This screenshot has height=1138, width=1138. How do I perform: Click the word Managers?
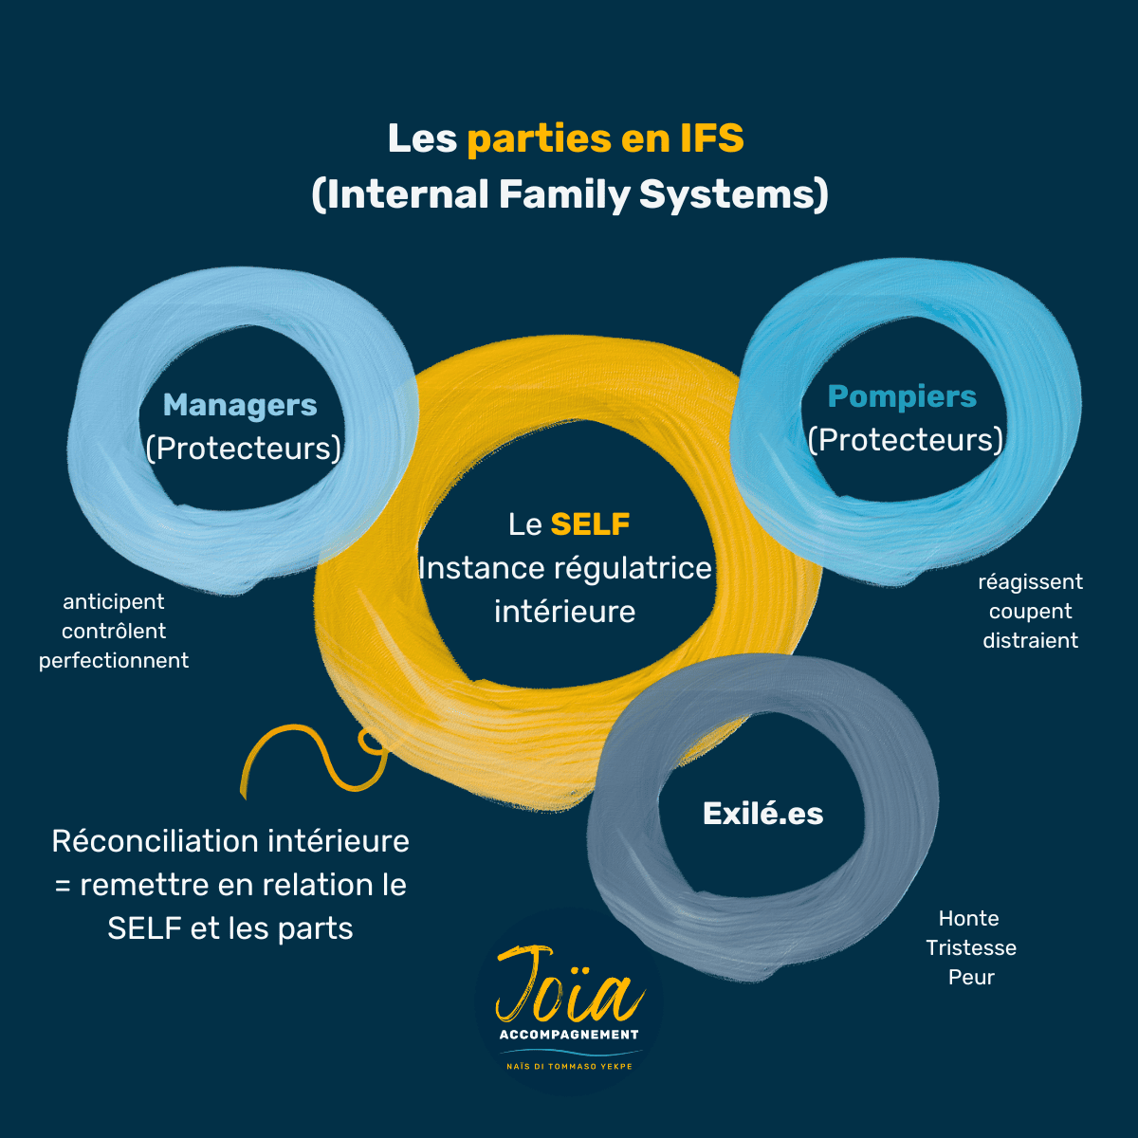(x=240, y=406)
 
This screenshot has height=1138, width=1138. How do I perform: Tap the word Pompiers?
(x=902, y=397)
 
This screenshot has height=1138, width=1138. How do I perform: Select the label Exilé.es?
(x=762, y=814)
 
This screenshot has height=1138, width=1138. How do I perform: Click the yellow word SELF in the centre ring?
(x=590, y=524)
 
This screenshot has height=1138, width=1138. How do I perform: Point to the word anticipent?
(x=114, y=601)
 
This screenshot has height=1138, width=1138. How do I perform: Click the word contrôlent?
(x=114, y=631)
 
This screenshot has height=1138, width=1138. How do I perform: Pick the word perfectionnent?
(x=114, y=660)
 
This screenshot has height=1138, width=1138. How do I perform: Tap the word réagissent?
(x=1030, y=581)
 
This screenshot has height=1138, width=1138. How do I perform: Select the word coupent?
(x=1030, y=611)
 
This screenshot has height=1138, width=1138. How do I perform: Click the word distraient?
(x=1030, y=640)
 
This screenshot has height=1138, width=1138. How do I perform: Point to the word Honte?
(x=968, y=918)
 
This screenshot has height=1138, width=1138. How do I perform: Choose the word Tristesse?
(x=970, y=947)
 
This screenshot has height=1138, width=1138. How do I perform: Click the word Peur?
(x=970, y=977)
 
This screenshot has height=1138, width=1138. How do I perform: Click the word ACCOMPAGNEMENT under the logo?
(x=569, y=1035)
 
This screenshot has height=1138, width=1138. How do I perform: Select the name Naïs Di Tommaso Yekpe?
(x=569, y=1066)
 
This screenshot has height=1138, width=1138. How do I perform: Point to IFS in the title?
(x=711, y=138)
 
